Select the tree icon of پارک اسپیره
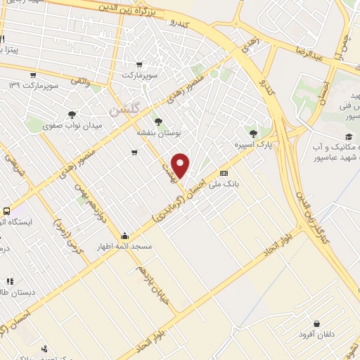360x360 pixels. (x=253, y=134)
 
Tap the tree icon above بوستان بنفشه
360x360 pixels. (x=158, y=121)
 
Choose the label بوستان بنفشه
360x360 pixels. (x=158, y=131)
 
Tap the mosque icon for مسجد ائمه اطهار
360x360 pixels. (x=125, y=236)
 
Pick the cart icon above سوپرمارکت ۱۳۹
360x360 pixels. (x=32, y=75)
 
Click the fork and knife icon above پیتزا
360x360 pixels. (x=2, y=39)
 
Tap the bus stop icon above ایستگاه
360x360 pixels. (x=7, y=210)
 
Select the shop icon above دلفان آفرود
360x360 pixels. (x=317, y=323)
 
